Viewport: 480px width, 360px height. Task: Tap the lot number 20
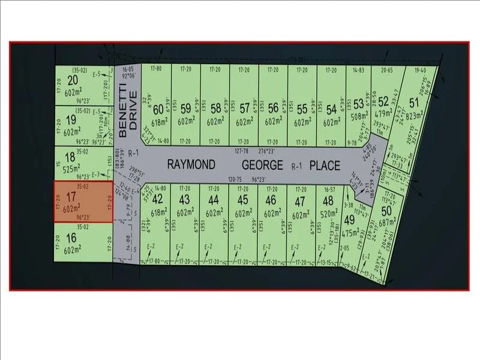pos(74,81)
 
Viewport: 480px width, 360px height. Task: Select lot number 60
pos(158,110)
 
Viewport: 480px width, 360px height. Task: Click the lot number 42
pos(158,199)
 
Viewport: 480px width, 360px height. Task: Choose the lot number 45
pos(243,199)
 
